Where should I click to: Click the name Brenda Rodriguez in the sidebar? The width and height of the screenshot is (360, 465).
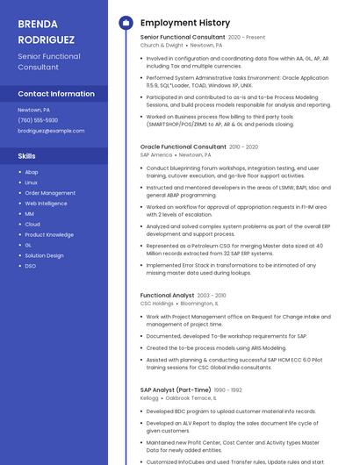pos(47,32)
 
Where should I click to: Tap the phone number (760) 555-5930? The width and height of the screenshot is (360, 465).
pos(38,120)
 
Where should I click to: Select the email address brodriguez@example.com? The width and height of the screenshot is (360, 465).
pos(51,131)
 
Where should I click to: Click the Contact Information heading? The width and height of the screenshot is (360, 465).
pos(56,94)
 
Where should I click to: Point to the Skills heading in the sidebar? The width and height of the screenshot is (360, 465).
pos(27,156)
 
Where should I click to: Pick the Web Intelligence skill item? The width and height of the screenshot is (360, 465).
pos(46,204)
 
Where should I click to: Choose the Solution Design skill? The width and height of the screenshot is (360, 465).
pos(44,255)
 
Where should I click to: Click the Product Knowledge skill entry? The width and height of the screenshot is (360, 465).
pos(49,235)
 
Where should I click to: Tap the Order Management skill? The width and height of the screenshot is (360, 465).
pos(50,193)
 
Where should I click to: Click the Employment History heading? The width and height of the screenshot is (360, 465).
pos(185,23)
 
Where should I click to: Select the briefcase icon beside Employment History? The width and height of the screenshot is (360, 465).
pos(126,23)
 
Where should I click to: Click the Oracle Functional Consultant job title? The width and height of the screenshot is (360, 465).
pos(183,147)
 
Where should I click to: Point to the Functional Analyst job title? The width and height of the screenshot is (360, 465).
pos(167,296)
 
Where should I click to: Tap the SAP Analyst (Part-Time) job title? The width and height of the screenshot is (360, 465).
pos(176,390)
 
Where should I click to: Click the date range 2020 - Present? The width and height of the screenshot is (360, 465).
pos(247,38)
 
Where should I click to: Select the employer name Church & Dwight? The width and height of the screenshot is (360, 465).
pos(162,46)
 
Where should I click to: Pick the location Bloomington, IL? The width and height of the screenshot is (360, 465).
pos(198,304)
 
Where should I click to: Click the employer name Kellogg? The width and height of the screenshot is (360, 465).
pos(149,397)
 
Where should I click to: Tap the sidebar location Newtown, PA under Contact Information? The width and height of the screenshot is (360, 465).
pos(34,110)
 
